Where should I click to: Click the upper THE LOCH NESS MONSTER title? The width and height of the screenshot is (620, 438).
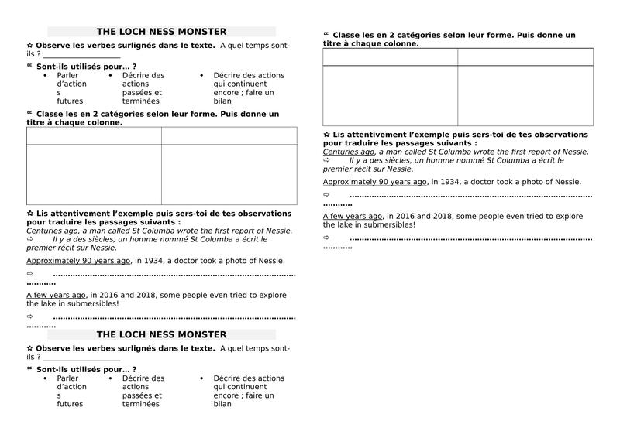click(x=161, y=32)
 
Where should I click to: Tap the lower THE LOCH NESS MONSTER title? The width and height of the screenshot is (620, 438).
click(x=161, y=334)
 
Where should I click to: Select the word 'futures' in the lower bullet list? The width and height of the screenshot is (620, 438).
click(x=70, y=404)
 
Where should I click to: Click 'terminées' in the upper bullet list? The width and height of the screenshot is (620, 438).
click(x=140, y=101)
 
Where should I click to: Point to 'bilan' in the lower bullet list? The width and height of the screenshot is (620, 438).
click(x=222, y=404)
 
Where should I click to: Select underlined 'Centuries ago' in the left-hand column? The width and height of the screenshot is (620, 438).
click(x=52, y=231)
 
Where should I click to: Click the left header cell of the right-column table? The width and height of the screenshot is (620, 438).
click(x=390, y=56)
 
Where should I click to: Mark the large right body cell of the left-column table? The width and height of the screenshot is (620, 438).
click(x=229, y=174)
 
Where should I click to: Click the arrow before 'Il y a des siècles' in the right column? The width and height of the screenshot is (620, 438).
click(x=326, y=160)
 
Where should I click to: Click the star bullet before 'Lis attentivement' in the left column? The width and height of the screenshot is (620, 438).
click(x=29, y=214)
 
